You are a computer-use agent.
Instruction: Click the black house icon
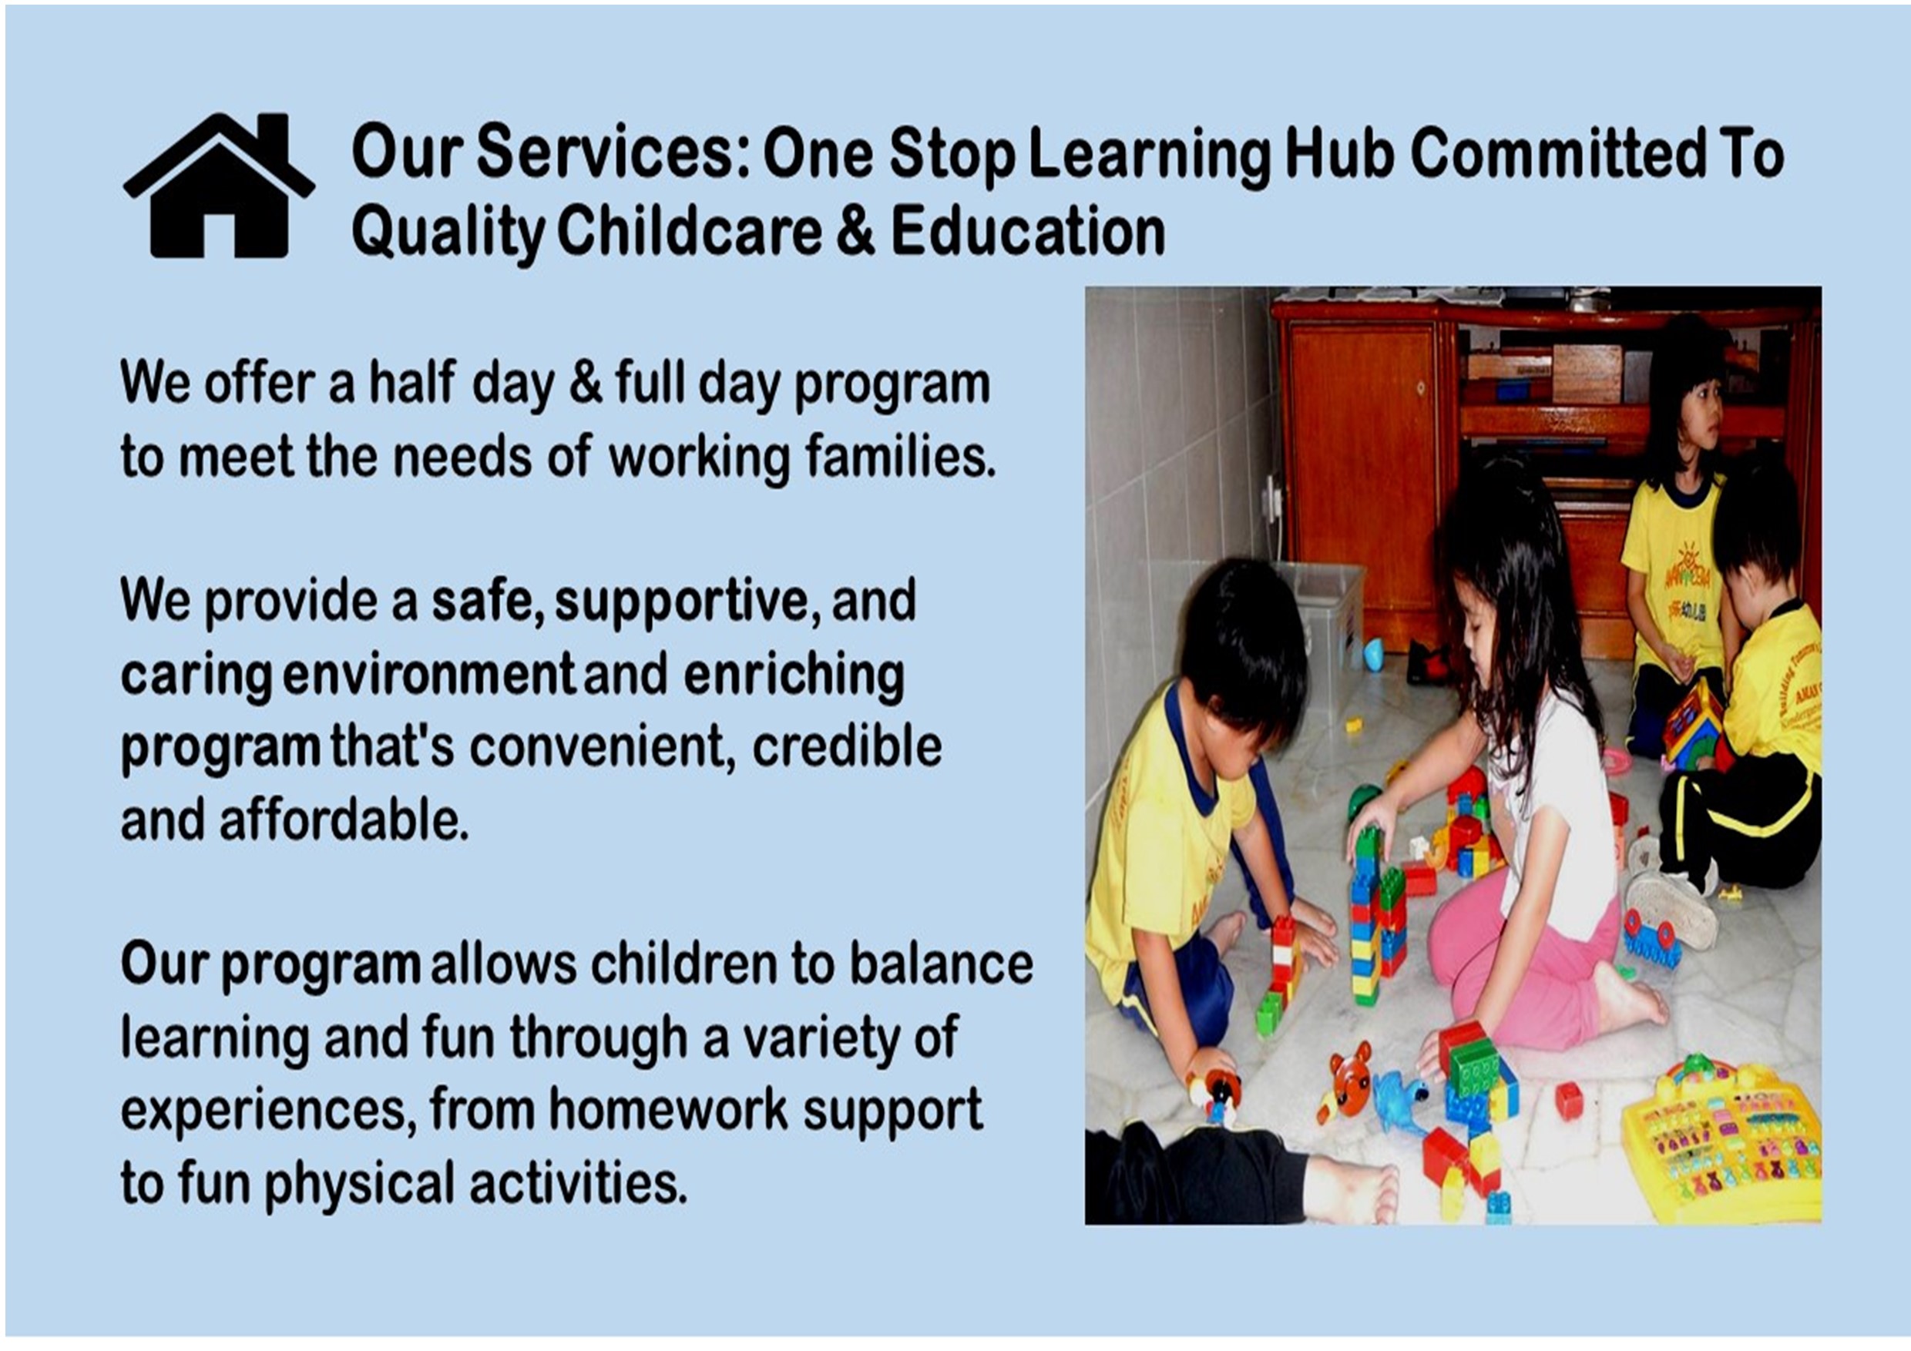tap(219, 186)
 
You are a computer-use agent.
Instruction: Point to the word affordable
tap(344, 820)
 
